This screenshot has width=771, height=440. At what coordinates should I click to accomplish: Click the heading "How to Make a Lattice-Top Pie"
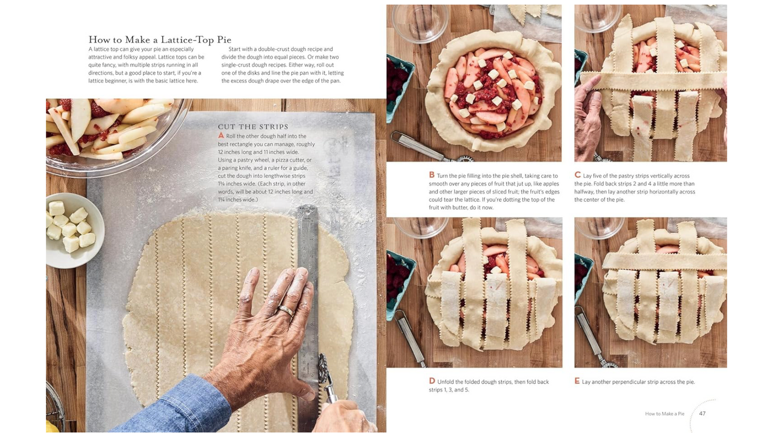point(160,40)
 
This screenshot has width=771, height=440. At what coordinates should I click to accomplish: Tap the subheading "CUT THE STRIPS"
point(253,127)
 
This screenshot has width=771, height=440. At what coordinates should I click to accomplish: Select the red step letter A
point(221,136)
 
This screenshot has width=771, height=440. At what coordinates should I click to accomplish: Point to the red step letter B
point(432,175)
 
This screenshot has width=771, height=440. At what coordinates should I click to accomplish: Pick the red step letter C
point(577,175)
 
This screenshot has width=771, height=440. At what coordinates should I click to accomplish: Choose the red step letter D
point(432,381)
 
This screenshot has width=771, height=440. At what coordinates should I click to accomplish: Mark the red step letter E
point(577,381)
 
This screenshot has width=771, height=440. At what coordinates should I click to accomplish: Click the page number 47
point(702,413)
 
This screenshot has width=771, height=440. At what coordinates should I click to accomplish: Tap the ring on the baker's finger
point(285,311)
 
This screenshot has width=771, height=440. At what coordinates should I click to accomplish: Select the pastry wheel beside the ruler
point(326,378)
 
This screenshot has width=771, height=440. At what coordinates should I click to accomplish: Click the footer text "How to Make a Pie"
point(665,413)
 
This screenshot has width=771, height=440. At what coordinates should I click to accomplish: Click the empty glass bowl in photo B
point(420,22)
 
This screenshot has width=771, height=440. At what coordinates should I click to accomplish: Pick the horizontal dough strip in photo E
point(664,261)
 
